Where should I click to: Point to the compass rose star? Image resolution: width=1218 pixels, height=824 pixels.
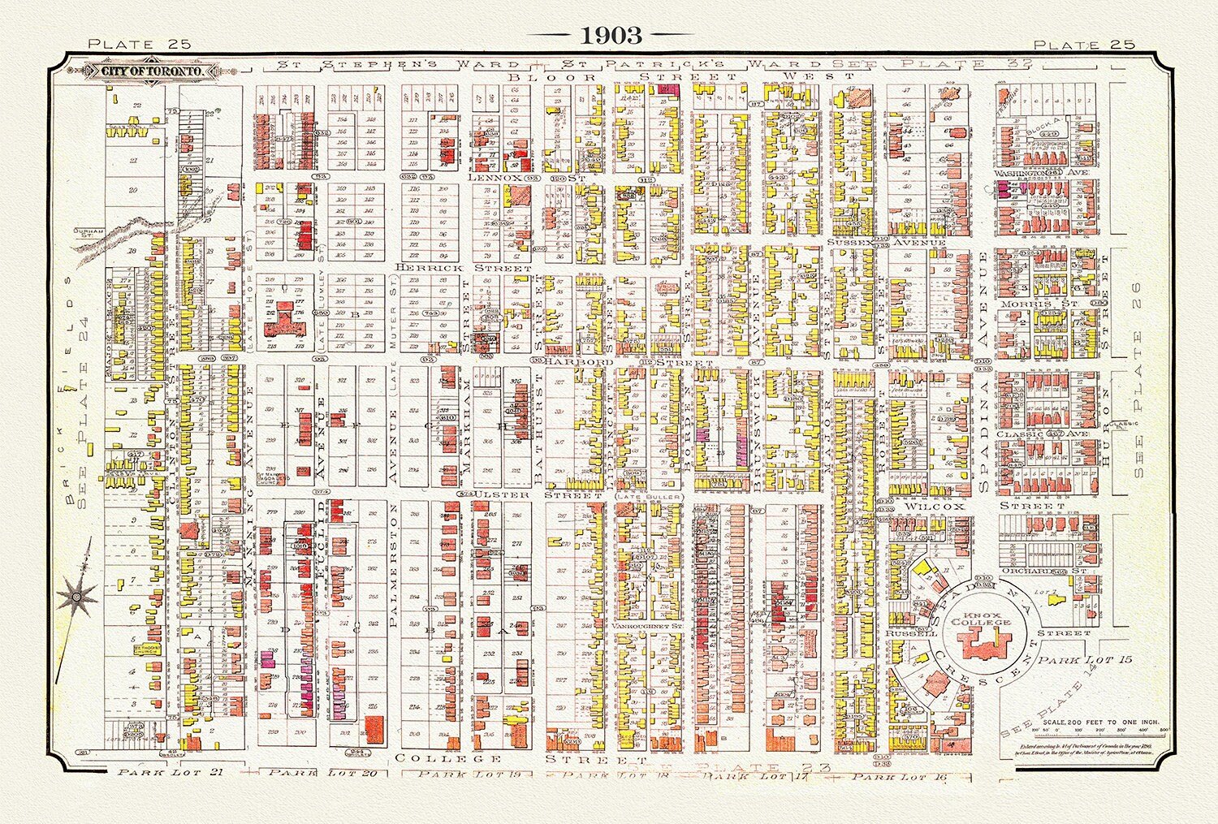(76, 597)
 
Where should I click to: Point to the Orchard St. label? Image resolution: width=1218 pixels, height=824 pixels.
(1056, 571)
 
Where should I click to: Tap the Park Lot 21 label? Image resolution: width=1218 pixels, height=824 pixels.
(170, 772)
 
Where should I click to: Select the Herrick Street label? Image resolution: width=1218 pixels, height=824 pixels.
(464, 267)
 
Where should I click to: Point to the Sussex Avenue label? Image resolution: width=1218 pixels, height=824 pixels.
(887, 243)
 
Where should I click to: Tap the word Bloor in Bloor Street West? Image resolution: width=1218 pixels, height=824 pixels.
(552, 77)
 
